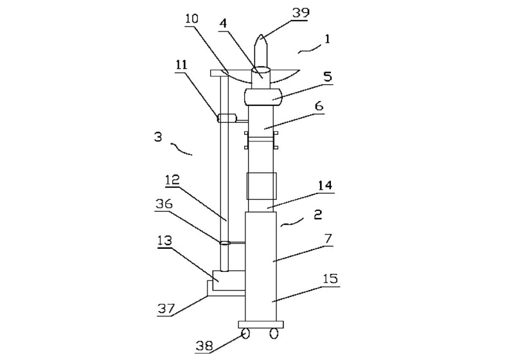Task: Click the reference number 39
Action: (x=297, y=14)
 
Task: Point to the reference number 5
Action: (x=328, y=76)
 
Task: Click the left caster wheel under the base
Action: (x=245, y=334)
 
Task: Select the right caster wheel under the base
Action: (x=274, y=334)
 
